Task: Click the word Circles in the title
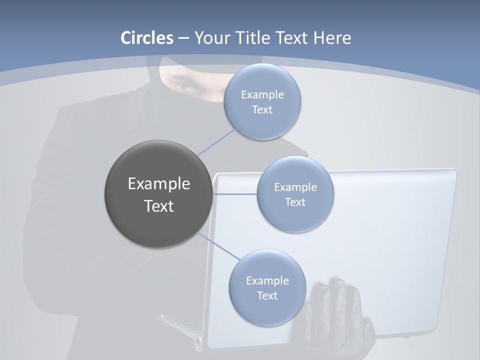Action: point(147,38)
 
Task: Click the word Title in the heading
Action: point(250,38)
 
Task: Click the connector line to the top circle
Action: point(216,141)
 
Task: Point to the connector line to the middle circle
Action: point(234,194)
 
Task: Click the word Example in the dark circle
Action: point(159,184)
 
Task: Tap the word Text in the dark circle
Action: point(159,206)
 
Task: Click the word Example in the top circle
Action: point(262,95)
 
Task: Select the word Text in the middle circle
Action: point(295,202)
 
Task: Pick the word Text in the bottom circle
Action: point(267,296)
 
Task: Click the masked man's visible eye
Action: point(187,86)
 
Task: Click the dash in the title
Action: point(183,38)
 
